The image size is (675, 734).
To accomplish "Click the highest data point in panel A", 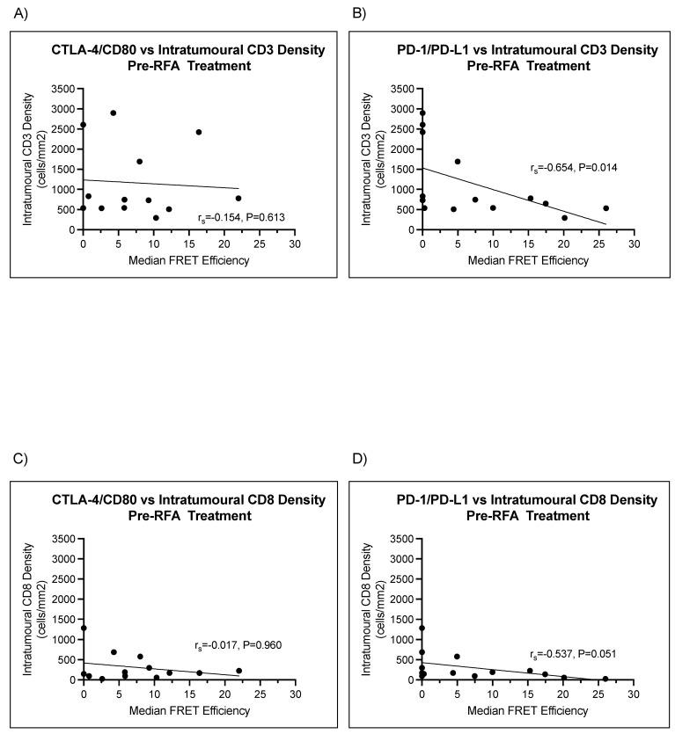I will pos(114,113).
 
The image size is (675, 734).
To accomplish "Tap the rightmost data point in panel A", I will pos(238,198).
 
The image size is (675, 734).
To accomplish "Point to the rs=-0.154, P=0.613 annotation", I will pos(241,215).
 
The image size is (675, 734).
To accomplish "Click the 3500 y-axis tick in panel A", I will pos(62,89).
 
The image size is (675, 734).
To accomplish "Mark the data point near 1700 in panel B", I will pos(458,161).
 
